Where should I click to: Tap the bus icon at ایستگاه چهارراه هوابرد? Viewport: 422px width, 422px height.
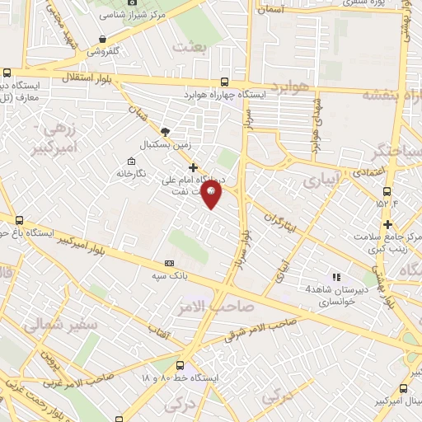(225, 82)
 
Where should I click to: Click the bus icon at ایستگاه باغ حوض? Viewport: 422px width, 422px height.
(19, 220)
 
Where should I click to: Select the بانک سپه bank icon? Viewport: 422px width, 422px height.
(170, 263)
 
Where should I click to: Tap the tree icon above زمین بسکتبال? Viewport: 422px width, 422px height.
(166, 131)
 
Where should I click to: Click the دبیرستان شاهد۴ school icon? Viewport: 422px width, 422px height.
(335, 277)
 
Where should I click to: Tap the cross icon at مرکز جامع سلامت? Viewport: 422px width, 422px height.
(388, 224)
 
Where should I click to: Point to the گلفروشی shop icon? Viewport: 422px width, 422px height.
(101, 39)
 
